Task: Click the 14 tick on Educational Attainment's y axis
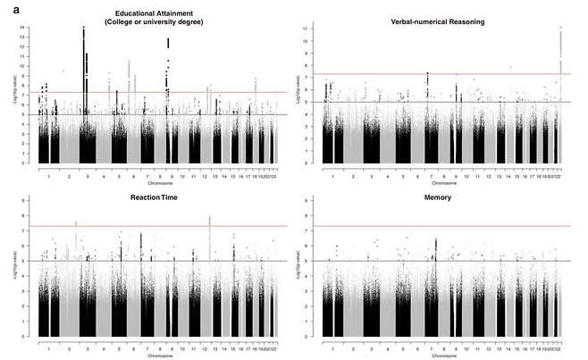pos(32,28)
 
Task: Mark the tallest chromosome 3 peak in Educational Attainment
pos(83,29)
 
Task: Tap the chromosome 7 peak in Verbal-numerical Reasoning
pos(428,75)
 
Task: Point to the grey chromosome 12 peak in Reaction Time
pos(209,218)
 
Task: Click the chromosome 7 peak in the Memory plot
pos(435,240)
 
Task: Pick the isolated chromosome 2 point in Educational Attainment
pos(63,70)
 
